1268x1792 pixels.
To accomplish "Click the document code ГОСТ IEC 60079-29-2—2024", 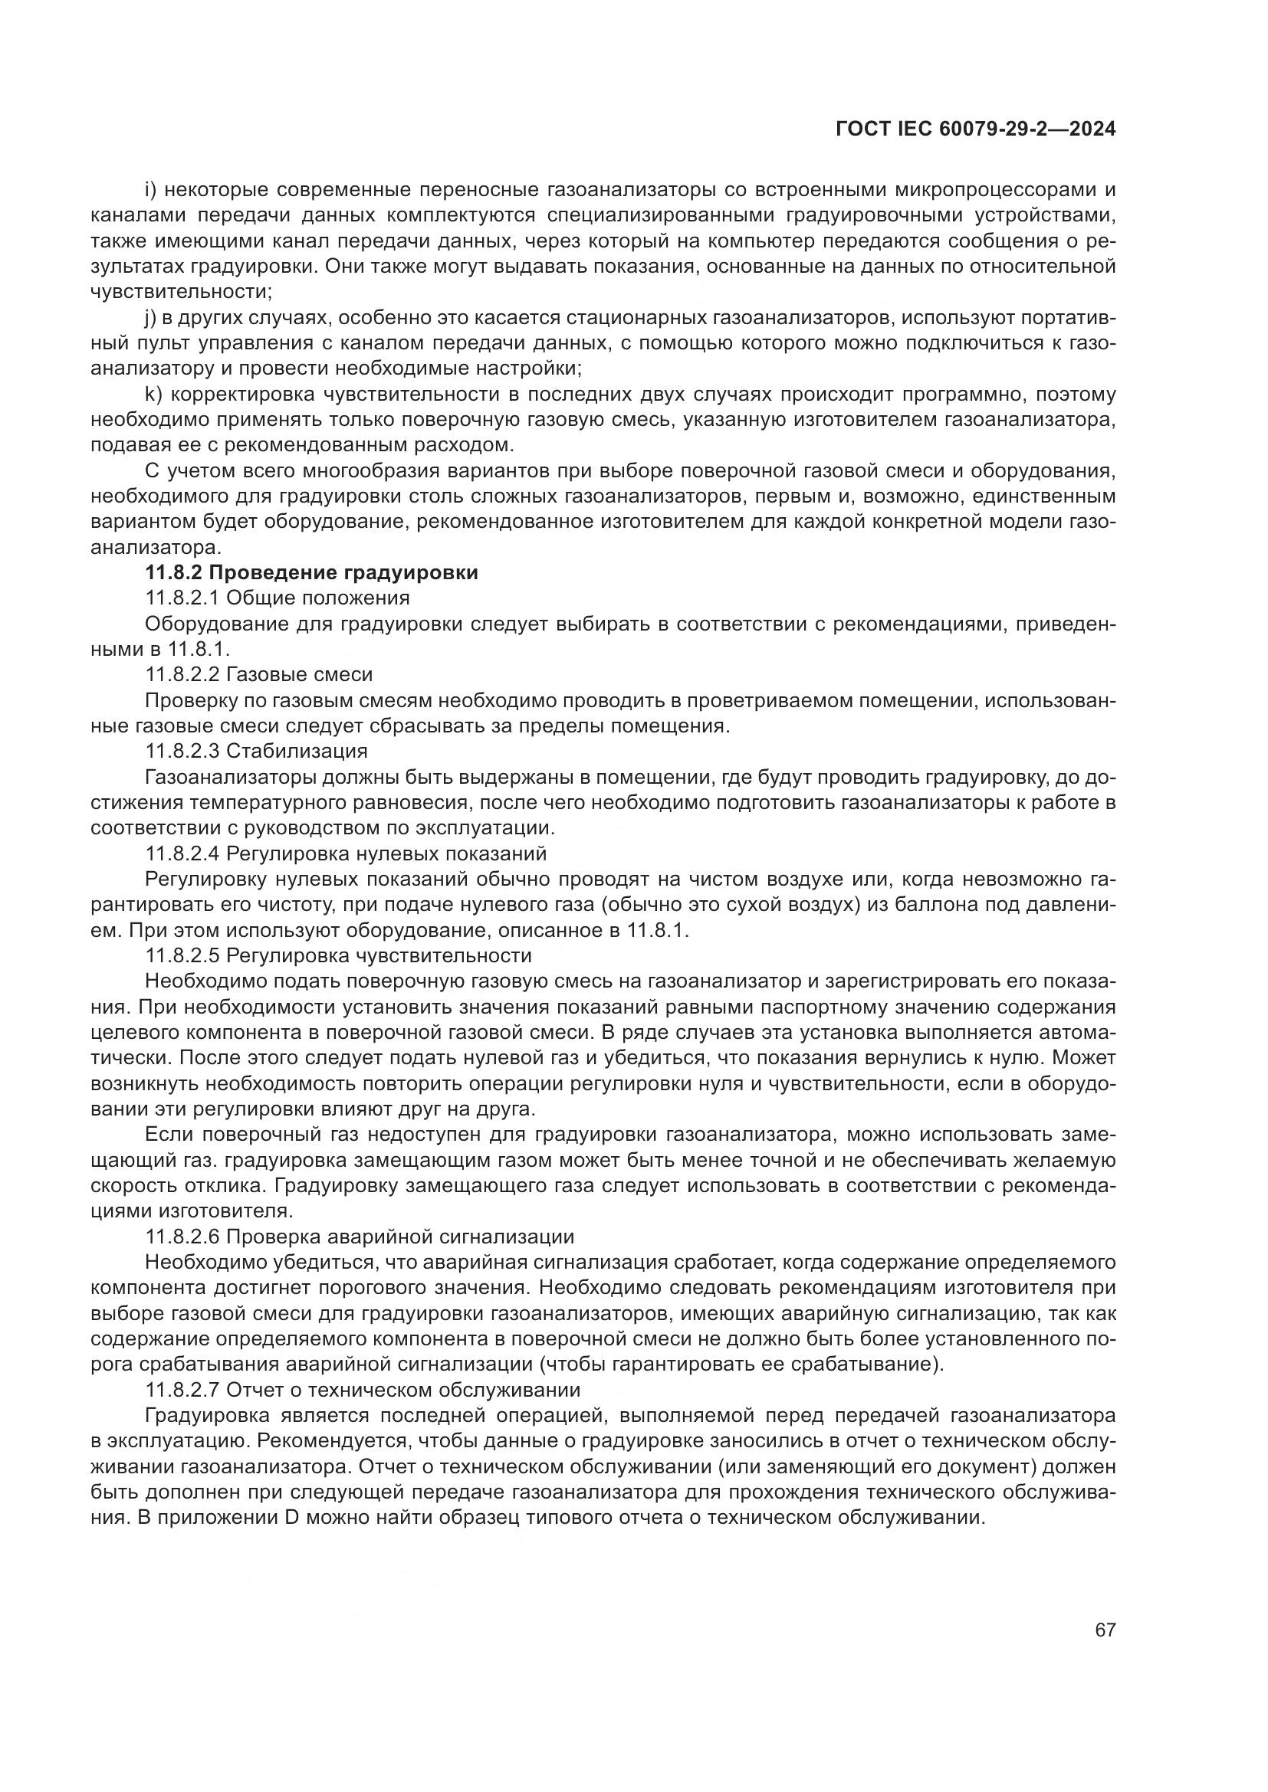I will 975,129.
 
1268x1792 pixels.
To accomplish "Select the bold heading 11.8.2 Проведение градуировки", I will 311,573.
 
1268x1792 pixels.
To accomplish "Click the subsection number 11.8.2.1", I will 180,598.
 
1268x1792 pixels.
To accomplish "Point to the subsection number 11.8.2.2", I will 180,674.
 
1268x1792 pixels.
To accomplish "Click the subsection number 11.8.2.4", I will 180,853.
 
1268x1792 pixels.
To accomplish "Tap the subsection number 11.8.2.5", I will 180,955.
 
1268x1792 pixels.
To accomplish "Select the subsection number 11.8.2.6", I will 180,1237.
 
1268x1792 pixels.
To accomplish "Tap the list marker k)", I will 153,394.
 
